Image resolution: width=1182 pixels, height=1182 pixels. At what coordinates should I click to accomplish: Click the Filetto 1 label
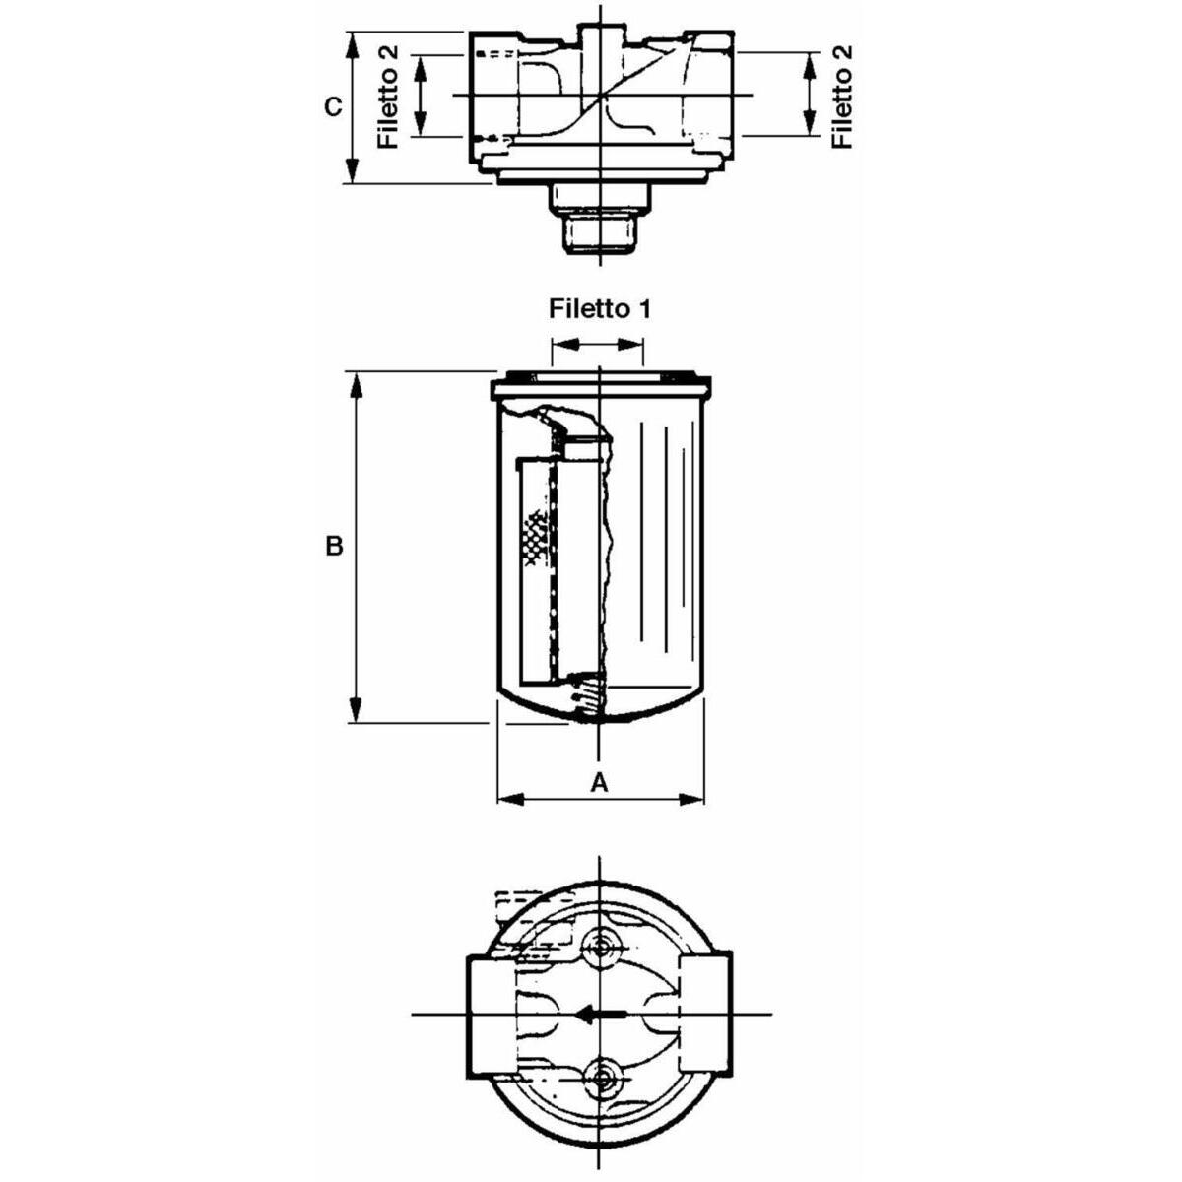pyautogui.click(x=599, y=308)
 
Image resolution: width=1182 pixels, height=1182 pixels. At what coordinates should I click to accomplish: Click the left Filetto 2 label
pyautogui.click(x=388, y=97)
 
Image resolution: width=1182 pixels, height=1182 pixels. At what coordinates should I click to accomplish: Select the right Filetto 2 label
pyautogui.click(x=842, y=97)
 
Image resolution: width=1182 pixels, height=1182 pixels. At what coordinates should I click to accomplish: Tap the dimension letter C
pyautogui.click(x=333, y=106)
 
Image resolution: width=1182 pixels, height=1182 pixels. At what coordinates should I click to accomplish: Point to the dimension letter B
pyautogui.click(x=334, y=545)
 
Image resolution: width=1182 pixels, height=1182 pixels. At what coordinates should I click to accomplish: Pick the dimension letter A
pyautogui.click(x=599, y=782)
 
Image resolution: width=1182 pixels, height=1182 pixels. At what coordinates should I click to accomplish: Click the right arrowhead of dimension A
pyautogui.click(x=690, y=799)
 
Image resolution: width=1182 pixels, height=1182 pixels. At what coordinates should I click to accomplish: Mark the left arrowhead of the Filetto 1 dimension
pyautogui.click(x=565, y=344)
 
